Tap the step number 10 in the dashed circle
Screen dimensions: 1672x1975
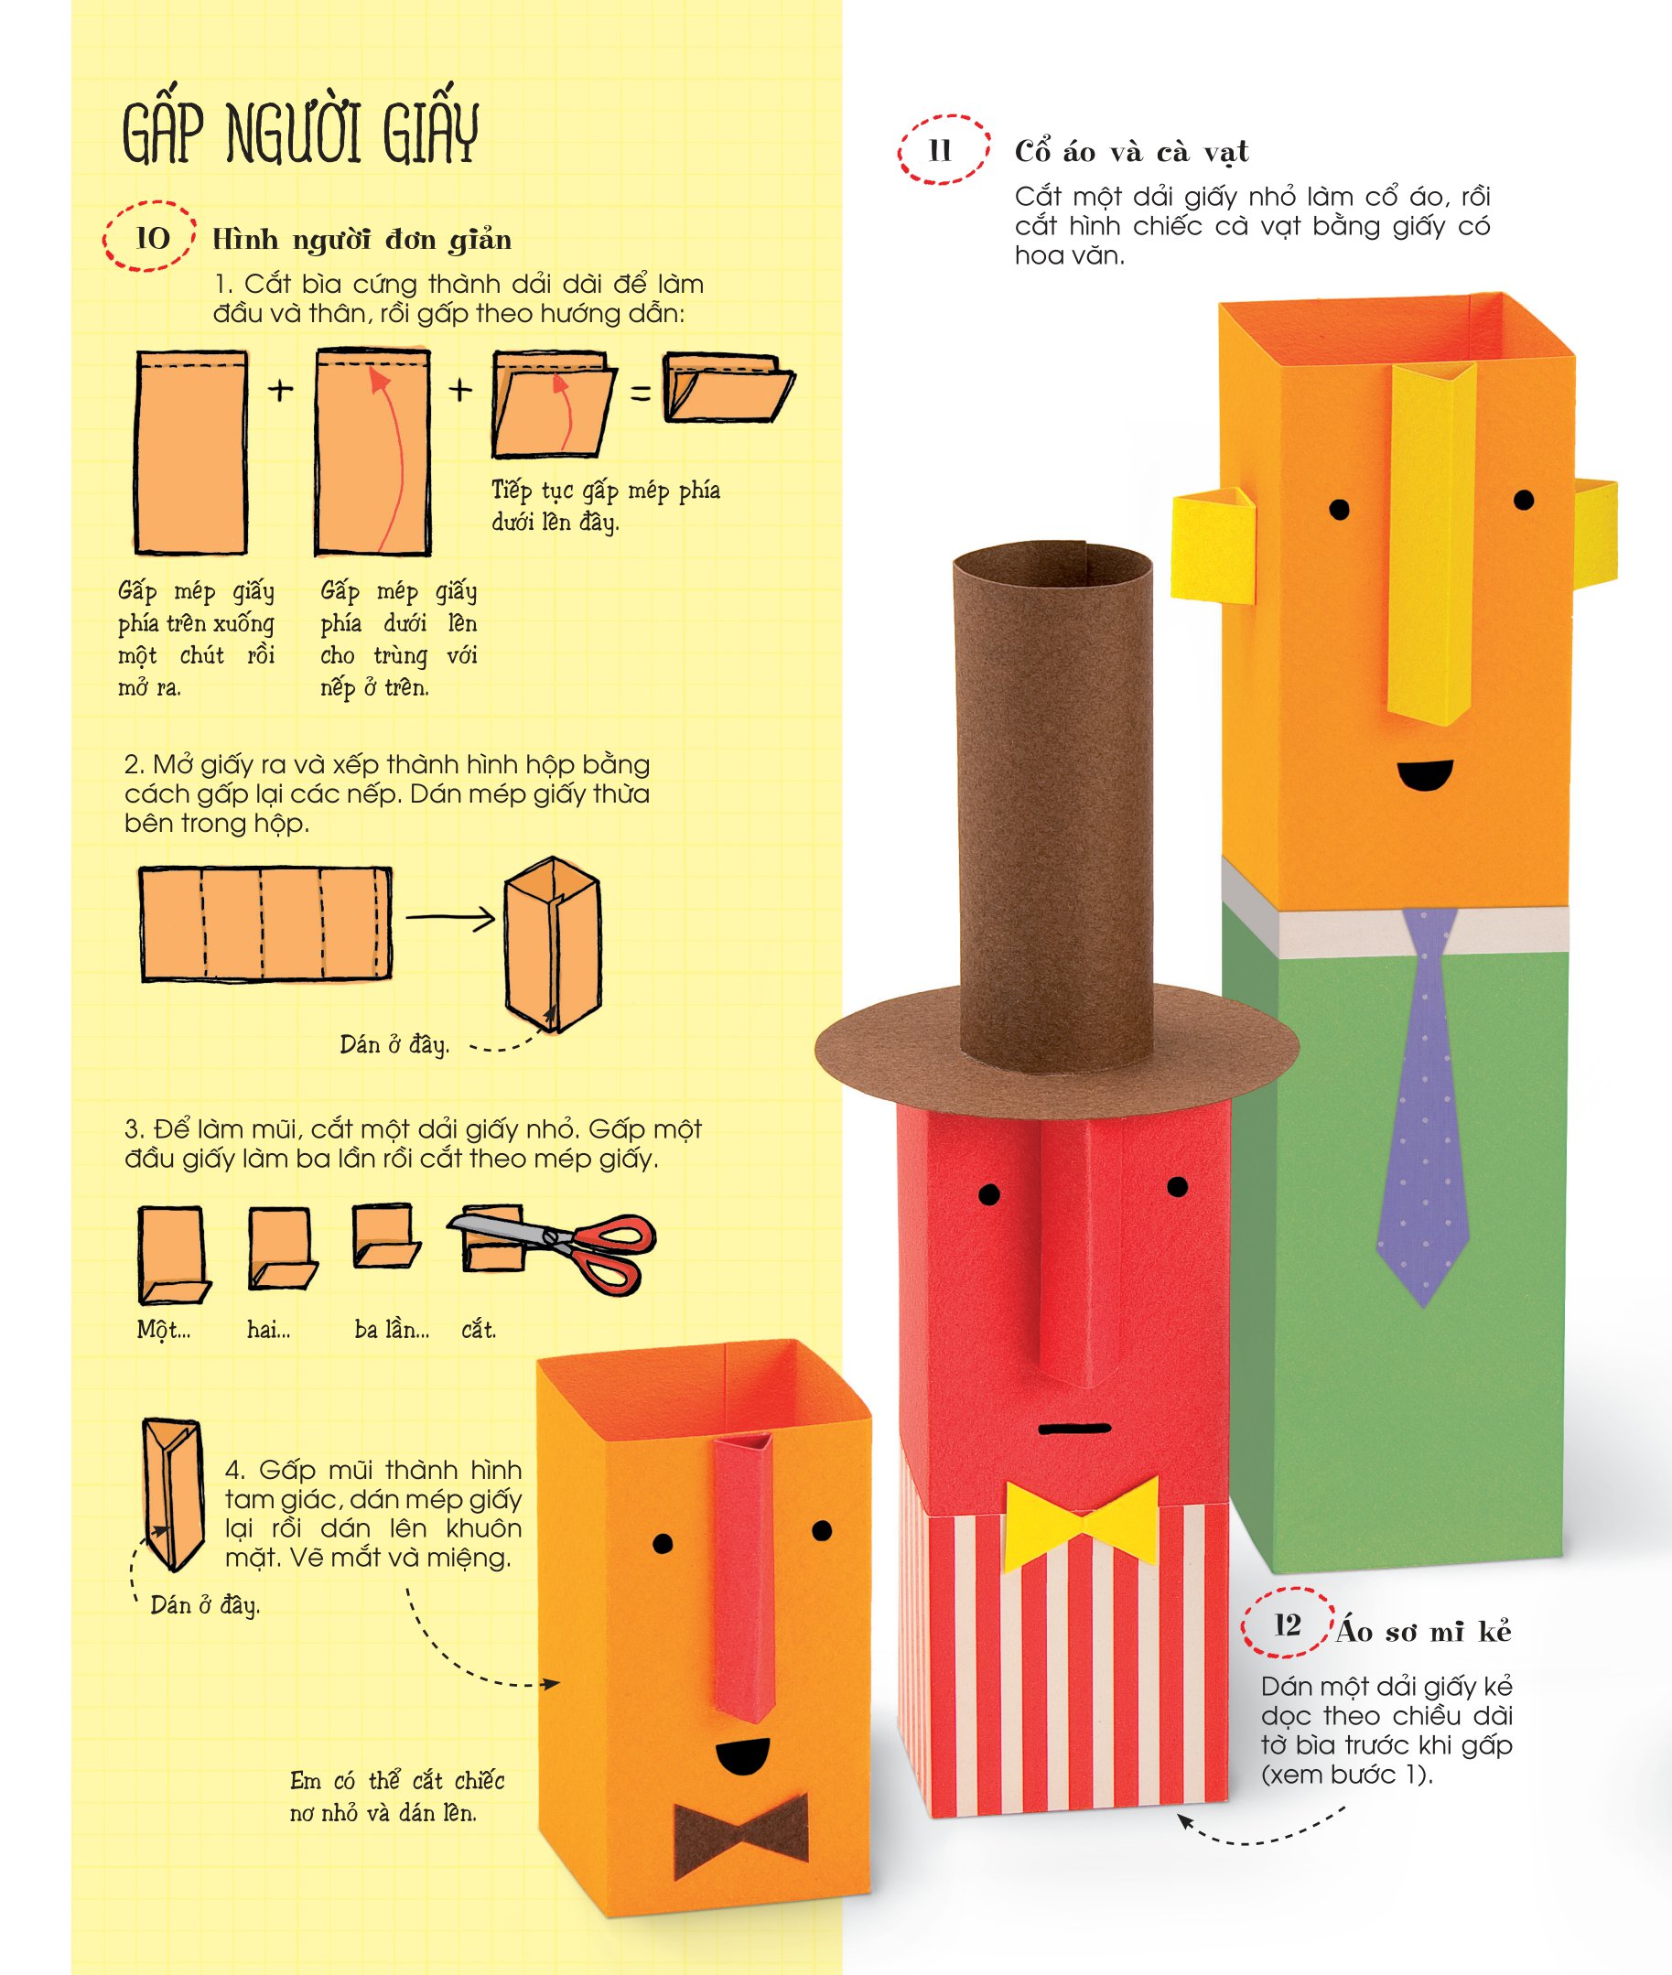[x=153, y=237]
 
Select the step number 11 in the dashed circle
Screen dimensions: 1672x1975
[x=941, y=151]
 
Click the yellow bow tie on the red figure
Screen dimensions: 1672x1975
[x=1082, y=1524]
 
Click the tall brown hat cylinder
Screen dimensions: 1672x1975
[x=1052, y=802]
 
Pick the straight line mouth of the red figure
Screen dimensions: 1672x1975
[x=1073, y=1427]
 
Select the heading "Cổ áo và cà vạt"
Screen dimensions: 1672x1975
[x=1132, y=152]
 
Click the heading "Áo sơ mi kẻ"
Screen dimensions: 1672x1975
[x=1425, y=1631]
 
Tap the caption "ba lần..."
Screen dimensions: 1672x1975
[x=393, y=1330]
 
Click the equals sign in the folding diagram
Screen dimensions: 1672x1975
[x=642, y=392]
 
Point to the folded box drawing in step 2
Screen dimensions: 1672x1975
[x=554, y=944]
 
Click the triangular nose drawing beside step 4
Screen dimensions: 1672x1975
[x=171, y=1494]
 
